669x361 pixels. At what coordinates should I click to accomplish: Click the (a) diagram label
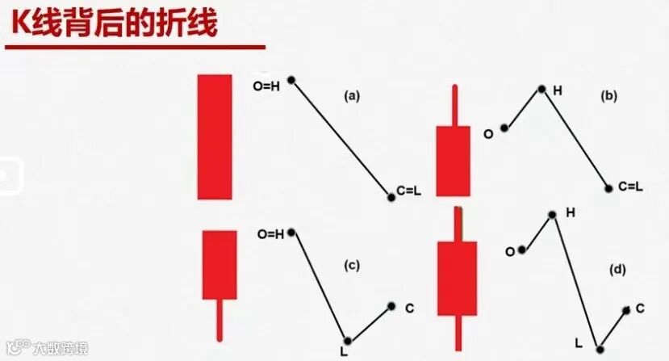point(351,95)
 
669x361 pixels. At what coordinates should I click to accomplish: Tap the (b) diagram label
point(608,95)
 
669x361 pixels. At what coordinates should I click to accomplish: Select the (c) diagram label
point(351,264)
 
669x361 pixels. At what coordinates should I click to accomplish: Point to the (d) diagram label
point(619,270)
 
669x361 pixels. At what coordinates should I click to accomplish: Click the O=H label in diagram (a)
point(267,86)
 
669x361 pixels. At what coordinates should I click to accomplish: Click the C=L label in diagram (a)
point(409,191)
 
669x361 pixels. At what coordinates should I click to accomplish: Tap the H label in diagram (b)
point(557,90)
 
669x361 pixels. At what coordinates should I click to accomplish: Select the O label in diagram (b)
point(488,134)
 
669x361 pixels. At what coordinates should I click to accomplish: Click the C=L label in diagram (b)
point(630,187)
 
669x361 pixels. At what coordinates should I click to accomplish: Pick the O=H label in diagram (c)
point(270,235)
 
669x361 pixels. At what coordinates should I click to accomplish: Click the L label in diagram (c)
point(344,352)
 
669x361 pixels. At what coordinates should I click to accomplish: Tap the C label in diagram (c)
point(409,308)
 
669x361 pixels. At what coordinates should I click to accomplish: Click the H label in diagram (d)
point(571,212)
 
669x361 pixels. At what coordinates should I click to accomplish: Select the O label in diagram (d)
point(509,252)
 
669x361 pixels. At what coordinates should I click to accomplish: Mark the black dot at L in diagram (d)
point(600,349)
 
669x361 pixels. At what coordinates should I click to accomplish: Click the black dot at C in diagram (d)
point(626,309)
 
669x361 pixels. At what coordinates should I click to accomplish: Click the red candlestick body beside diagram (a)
point(215,136)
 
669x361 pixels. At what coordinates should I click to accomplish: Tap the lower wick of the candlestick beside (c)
point(219,320)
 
